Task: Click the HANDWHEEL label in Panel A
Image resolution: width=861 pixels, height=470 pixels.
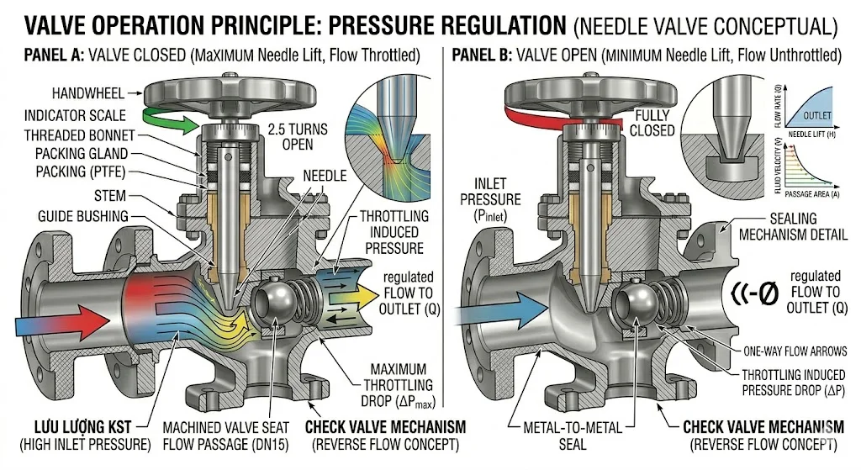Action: (87, 93)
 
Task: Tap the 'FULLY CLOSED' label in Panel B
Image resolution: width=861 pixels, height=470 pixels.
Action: (654, 123)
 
